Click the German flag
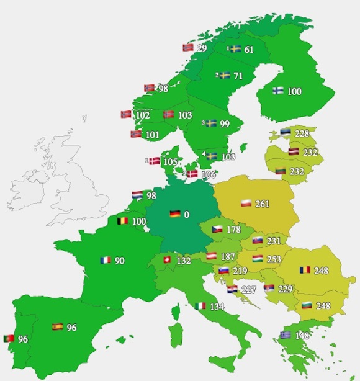pyautogui.click(x=175, y=214)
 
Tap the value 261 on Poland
pyautogui.click(x=263, y=204)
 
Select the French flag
pyautogui.click(x=106, y=261)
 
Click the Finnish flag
pyautogui.click(x=278, y=91)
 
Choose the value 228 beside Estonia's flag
pyautogui.click(x=302, y=133)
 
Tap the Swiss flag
pyautogui.click(x=166, y=261)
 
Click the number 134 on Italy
pyautogui.click(x=216, y=306)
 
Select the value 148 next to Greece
pyautogui.click(x=302, y=336)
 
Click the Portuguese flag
pyautogui.click(x=9, y=339)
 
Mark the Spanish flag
pyautogui.click(x=57, y=326)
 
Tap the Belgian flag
pyautogui.click(x=122, y=221)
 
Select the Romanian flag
pyautogui.click(x=305, y=271)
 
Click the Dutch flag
pyautogui.click(x=138, y=195)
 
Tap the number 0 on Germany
pyautogui.click(x=186, y=215)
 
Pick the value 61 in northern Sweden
pyautogui.click(x=249, y=49)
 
